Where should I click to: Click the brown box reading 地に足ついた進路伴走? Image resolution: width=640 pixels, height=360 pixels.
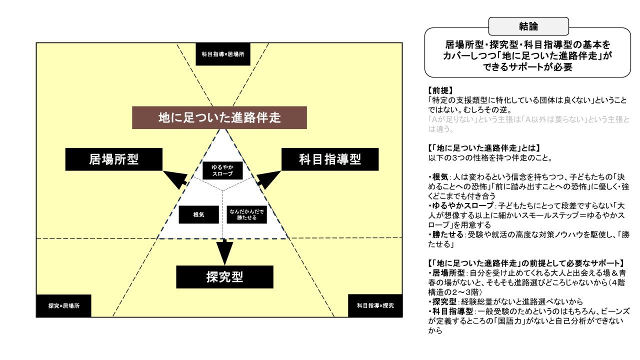click(x=219, y=118)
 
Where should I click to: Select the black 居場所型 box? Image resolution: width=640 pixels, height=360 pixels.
click(x=113, y=159)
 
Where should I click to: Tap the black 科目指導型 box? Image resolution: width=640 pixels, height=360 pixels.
click(x=330, y=159)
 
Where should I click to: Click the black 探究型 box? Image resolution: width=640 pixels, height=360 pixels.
click(x=224, y=276)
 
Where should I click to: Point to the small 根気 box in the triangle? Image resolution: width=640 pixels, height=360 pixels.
click(x=198, y=214)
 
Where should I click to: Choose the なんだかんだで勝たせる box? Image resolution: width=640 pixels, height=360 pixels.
click(x=246, y=214)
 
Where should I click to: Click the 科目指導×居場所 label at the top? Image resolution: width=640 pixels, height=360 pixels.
click(x=222, y=54)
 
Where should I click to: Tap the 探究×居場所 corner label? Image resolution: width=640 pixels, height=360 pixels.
click(x=63, y=305)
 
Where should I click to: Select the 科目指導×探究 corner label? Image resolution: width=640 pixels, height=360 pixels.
click(x=374, y=305)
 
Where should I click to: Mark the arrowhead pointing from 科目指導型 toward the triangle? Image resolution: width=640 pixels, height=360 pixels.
click(x=269, y=179)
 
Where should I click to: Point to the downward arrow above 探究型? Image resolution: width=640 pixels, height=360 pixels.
click(x=225, y=252)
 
